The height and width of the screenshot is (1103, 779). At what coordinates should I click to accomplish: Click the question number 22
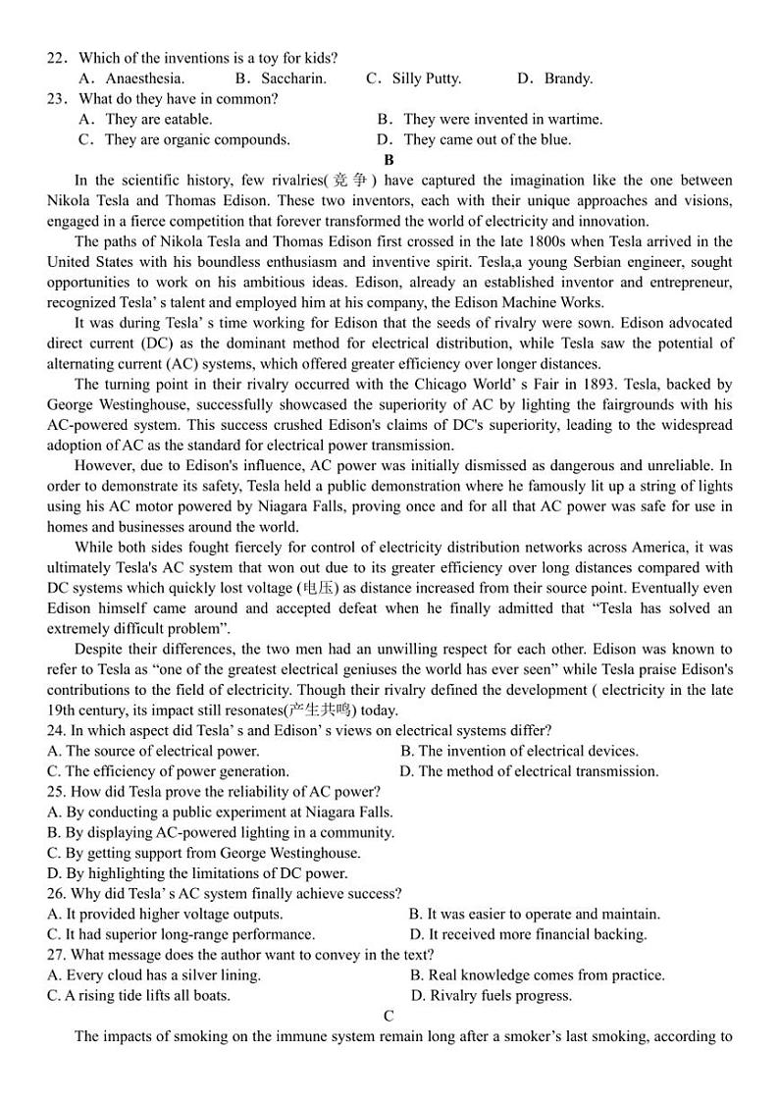[56, 58]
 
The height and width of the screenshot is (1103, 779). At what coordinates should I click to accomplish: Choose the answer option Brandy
[567, 79]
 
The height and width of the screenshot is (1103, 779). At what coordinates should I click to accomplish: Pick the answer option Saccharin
[292, 79]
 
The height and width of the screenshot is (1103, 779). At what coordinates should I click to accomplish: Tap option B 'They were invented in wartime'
[501, 119]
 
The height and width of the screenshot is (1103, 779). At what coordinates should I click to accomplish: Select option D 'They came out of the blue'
[486, 139]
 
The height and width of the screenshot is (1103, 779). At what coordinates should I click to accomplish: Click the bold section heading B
[389, 160]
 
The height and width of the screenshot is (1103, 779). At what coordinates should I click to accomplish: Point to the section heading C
[389, 1016]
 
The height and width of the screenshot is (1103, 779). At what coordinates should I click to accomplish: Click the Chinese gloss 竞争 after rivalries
[350, 181]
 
